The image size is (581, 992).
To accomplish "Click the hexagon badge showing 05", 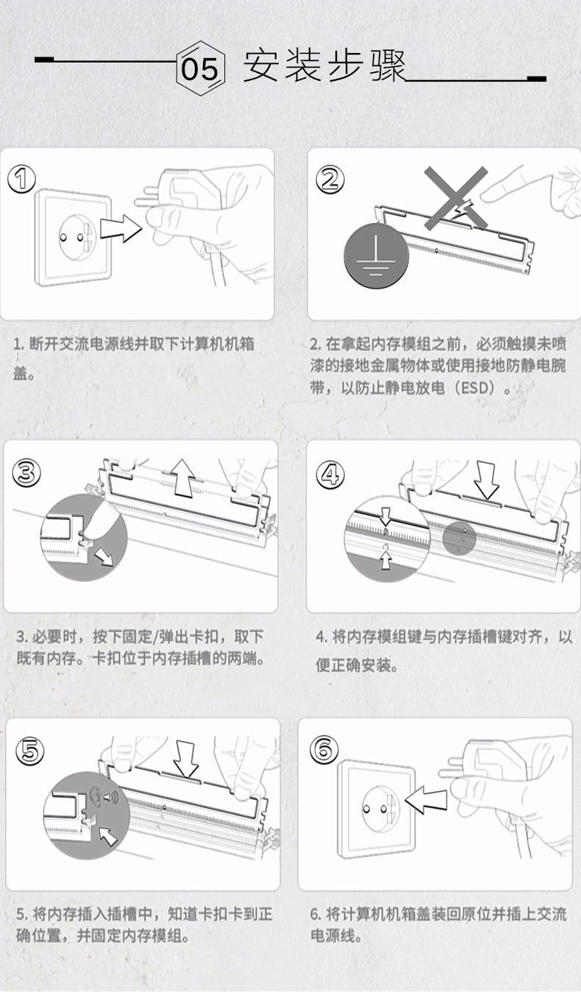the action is [x=201, y=68].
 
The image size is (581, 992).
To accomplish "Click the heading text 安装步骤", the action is [x=325, y=66].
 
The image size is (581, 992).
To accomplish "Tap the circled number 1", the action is [x=21, y=179].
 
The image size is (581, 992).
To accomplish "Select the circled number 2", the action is [x=329, y=180].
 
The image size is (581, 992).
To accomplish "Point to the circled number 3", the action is [x=26, y=472].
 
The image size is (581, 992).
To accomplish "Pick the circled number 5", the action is [x=29, y=751].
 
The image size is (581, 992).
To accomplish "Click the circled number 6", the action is [x=324, y=749].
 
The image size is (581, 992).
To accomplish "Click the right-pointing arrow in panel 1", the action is [x=121, y=228].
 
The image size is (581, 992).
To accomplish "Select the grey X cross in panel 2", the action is [x=456, y=199].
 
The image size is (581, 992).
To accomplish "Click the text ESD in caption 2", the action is [x=477, y=388].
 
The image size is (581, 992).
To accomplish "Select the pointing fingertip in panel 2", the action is [x=489, y=194].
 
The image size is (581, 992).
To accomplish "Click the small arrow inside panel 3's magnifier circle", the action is [x=104, y=557].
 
